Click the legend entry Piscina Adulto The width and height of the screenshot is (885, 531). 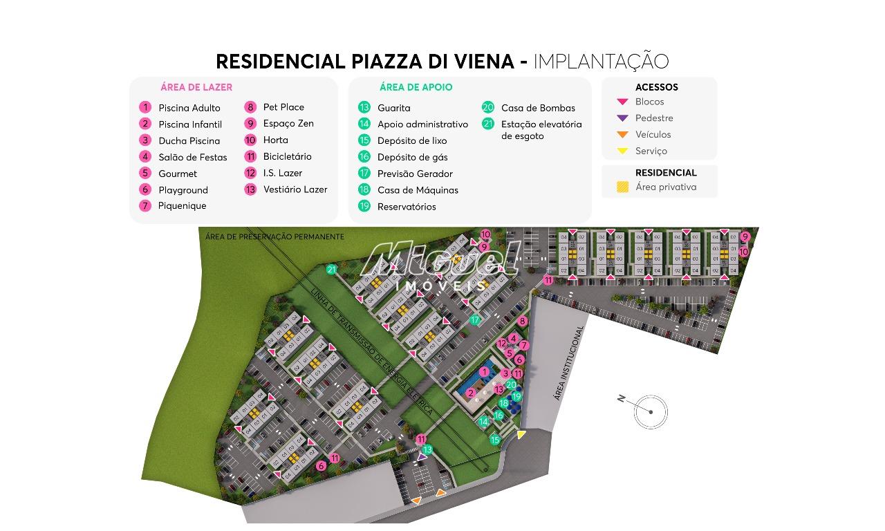point(189,108)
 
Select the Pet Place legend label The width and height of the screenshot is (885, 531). point(283,107)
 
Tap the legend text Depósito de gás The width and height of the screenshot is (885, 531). point(412,157)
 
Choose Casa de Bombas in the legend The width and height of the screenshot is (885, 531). point(538,108)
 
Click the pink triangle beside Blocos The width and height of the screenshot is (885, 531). point(622,102)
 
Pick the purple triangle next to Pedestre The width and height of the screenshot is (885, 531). point(622,118)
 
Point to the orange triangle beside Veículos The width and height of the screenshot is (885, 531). point(622,135)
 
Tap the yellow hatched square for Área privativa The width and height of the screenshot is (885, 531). point(623,187)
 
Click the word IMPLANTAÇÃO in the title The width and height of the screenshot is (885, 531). point(601,62)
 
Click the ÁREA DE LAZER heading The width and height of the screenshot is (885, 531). point(196,87)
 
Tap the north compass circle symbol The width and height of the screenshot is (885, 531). point(651,412)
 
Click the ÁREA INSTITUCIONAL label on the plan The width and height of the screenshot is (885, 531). point(569,363)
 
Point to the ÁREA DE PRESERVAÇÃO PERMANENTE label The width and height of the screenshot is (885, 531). point(274,236)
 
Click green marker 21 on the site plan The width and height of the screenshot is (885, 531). point(332,270)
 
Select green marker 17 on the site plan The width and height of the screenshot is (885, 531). point(475,320)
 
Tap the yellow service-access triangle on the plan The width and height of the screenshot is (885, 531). point(521,434)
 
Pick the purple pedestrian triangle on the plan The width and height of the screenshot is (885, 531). point(422,456)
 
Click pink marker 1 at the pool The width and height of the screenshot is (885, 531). point(484,372)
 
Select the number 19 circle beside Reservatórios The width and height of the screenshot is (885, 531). point(364,206)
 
